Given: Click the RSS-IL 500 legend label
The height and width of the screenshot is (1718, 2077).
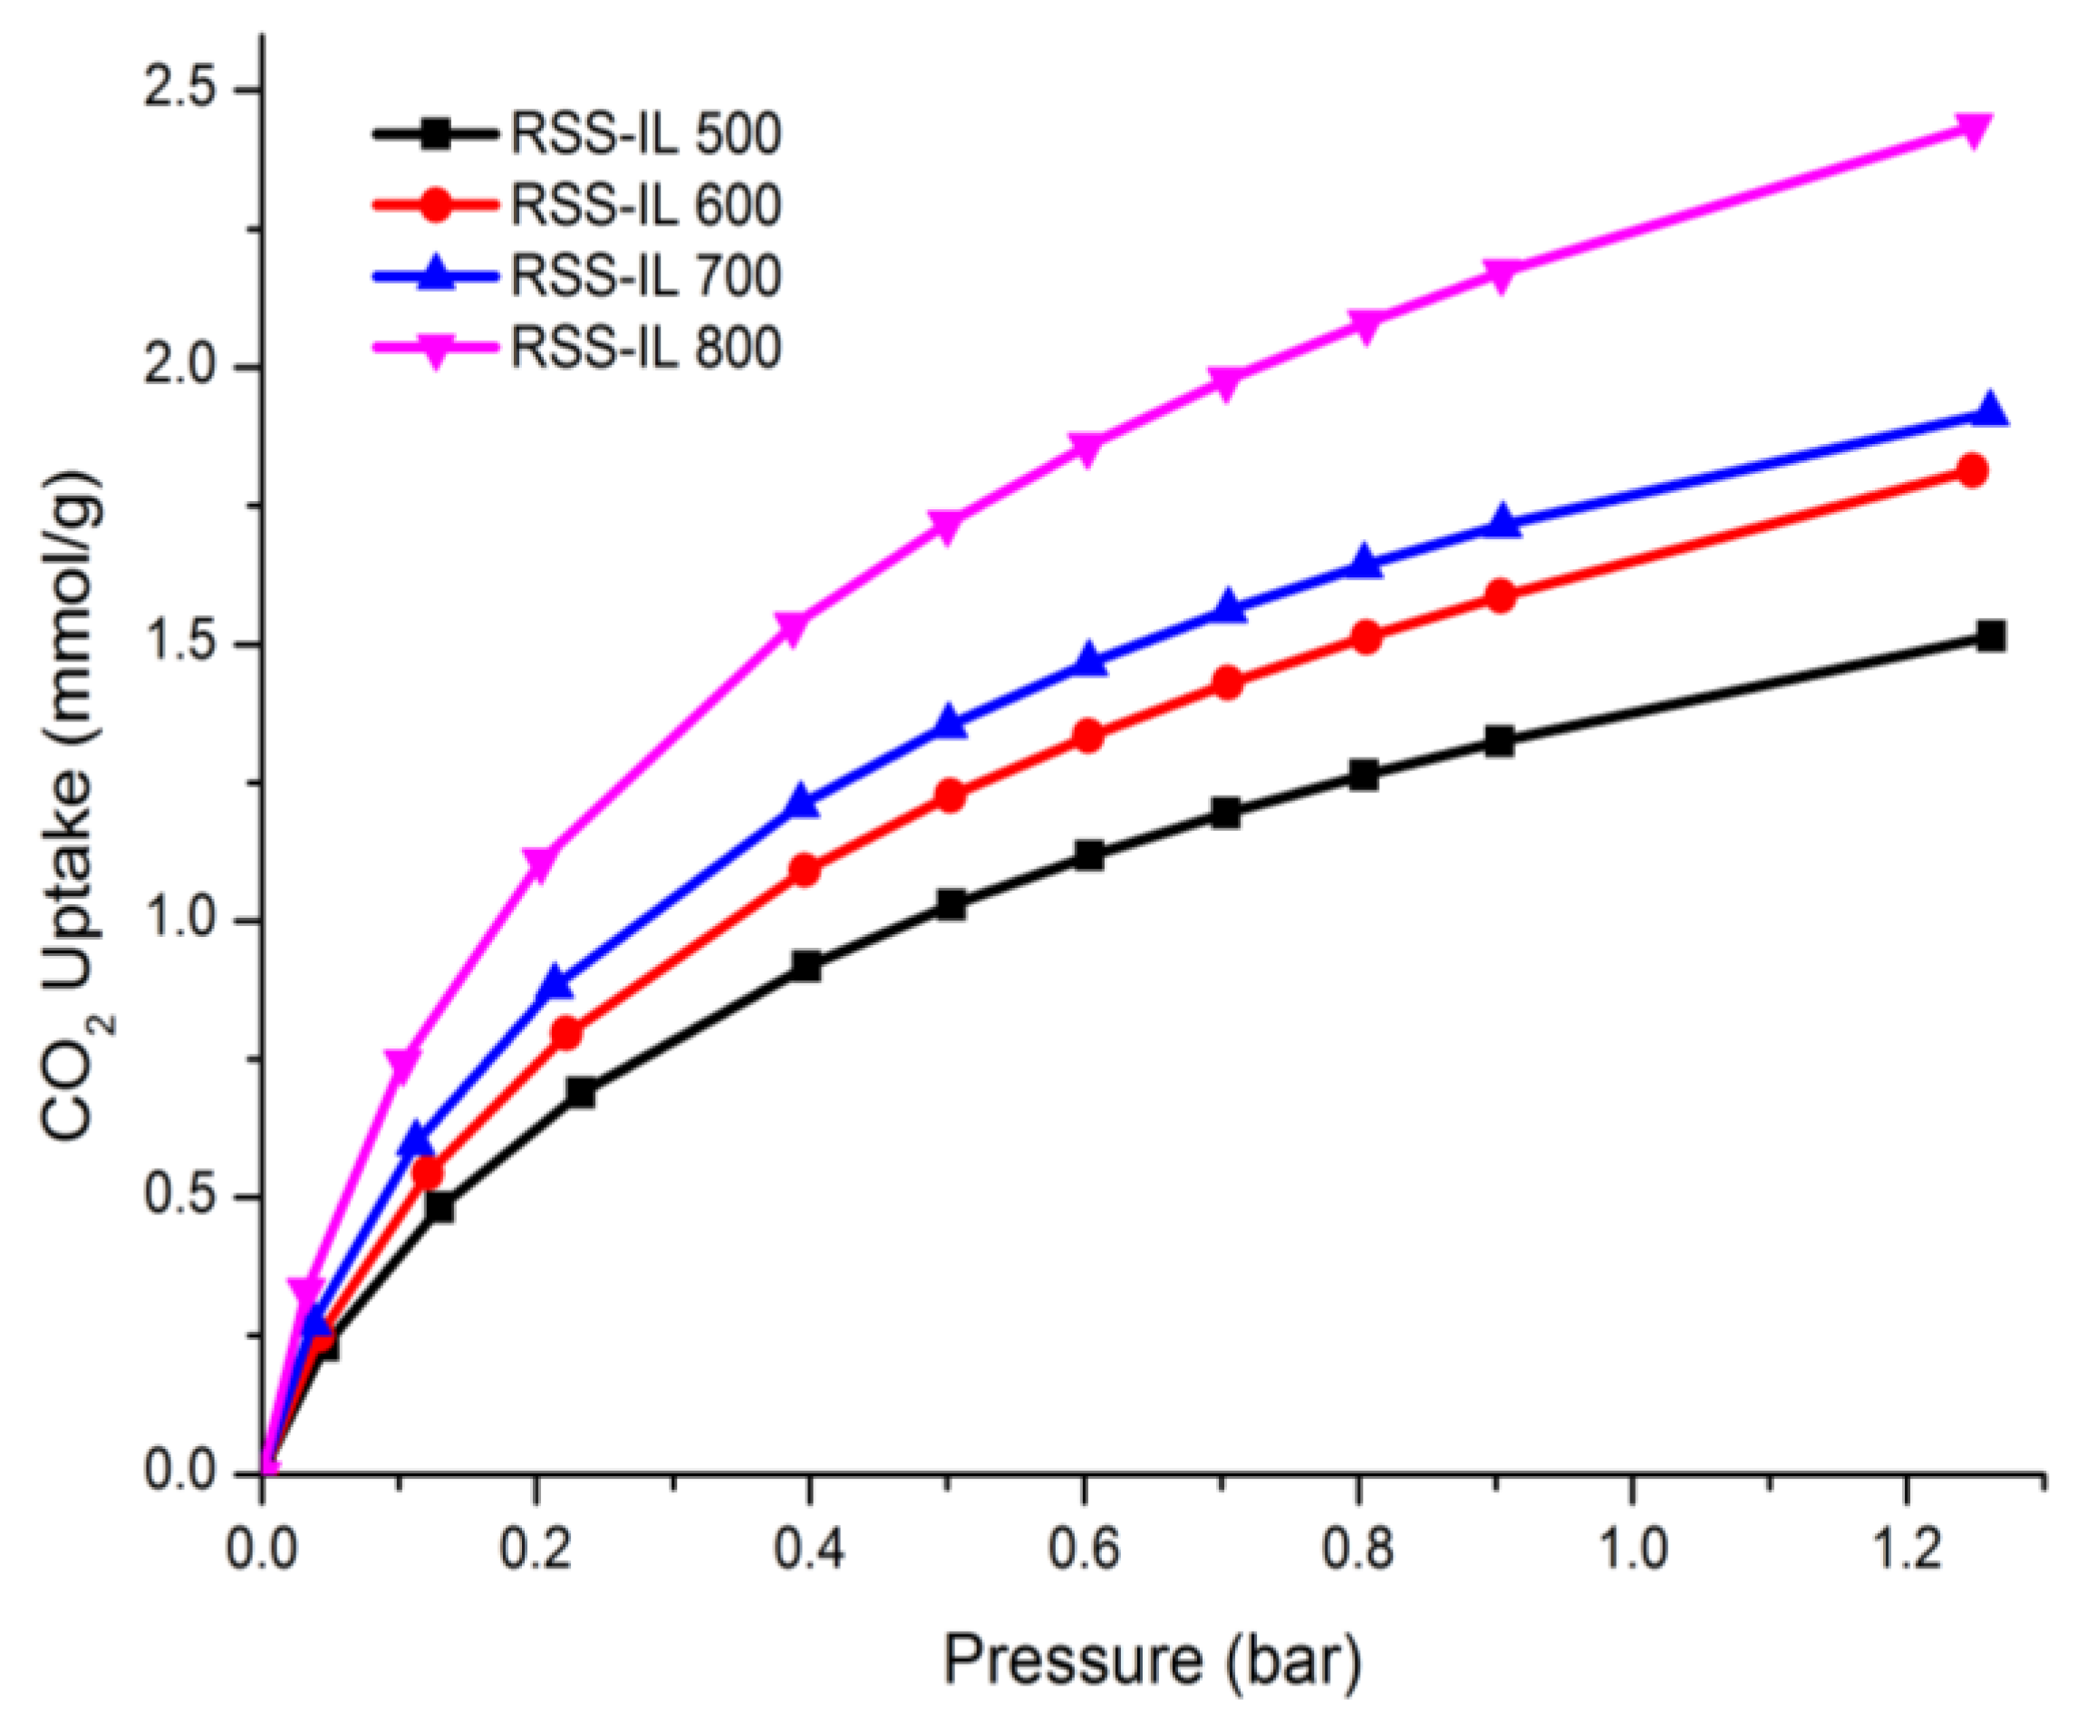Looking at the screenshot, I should [645, 134].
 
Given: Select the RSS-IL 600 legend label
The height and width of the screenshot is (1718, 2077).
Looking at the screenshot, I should [645, 206].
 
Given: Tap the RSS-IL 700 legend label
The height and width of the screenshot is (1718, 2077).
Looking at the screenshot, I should [645, 277].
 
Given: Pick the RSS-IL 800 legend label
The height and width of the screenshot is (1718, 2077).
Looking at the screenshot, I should [645, 348].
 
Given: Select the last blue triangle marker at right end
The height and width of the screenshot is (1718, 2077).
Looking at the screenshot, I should [1990, 410].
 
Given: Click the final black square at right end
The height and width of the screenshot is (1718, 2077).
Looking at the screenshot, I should [1990, 636].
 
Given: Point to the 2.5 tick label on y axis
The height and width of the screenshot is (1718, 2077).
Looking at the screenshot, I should [180, 90].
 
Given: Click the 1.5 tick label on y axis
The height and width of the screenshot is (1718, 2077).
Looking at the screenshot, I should [180, 644].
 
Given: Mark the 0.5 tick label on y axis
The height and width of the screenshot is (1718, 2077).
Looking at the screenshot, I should [180, 1197].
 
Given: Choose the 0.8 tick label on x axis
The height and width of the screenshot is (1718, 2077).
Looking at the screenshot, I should [1359, 1549].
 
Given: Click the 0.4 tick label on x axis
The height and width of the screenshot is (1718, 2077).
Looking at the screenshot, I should [809, 1549].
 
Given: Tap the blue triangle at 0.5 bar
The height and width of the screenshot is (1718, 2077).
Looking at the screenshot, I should [950, 722].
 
